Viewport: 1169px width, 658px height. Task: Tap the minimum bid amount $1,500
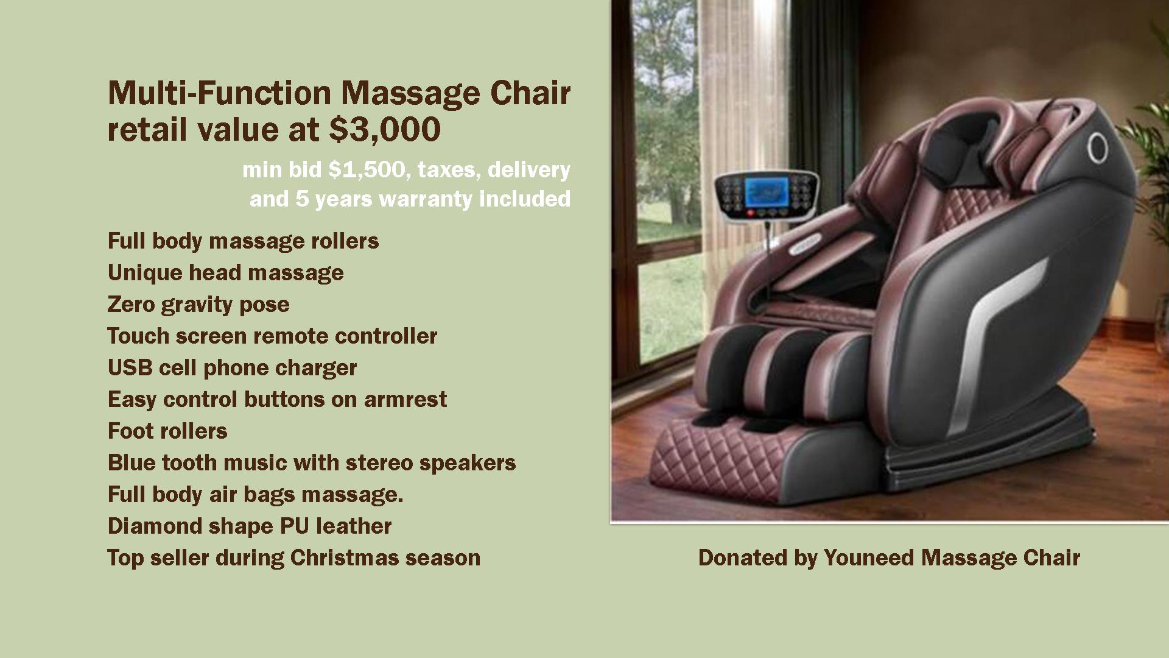click(367, 169)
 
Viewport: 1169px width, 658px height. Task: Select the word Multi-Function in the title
click(219, 93)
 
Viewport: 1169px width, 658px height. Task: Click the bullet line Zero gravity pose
click(198, 304)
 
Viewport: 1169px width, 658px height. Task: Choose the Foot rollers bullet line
click(167, 431)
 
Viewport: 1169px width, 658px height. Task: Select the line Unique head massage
click(226, 272)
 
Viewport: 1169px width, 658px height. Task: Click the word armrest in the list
click(405, 400)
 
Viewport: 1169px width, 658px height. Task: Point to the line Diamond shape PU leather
click(250, 526)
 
